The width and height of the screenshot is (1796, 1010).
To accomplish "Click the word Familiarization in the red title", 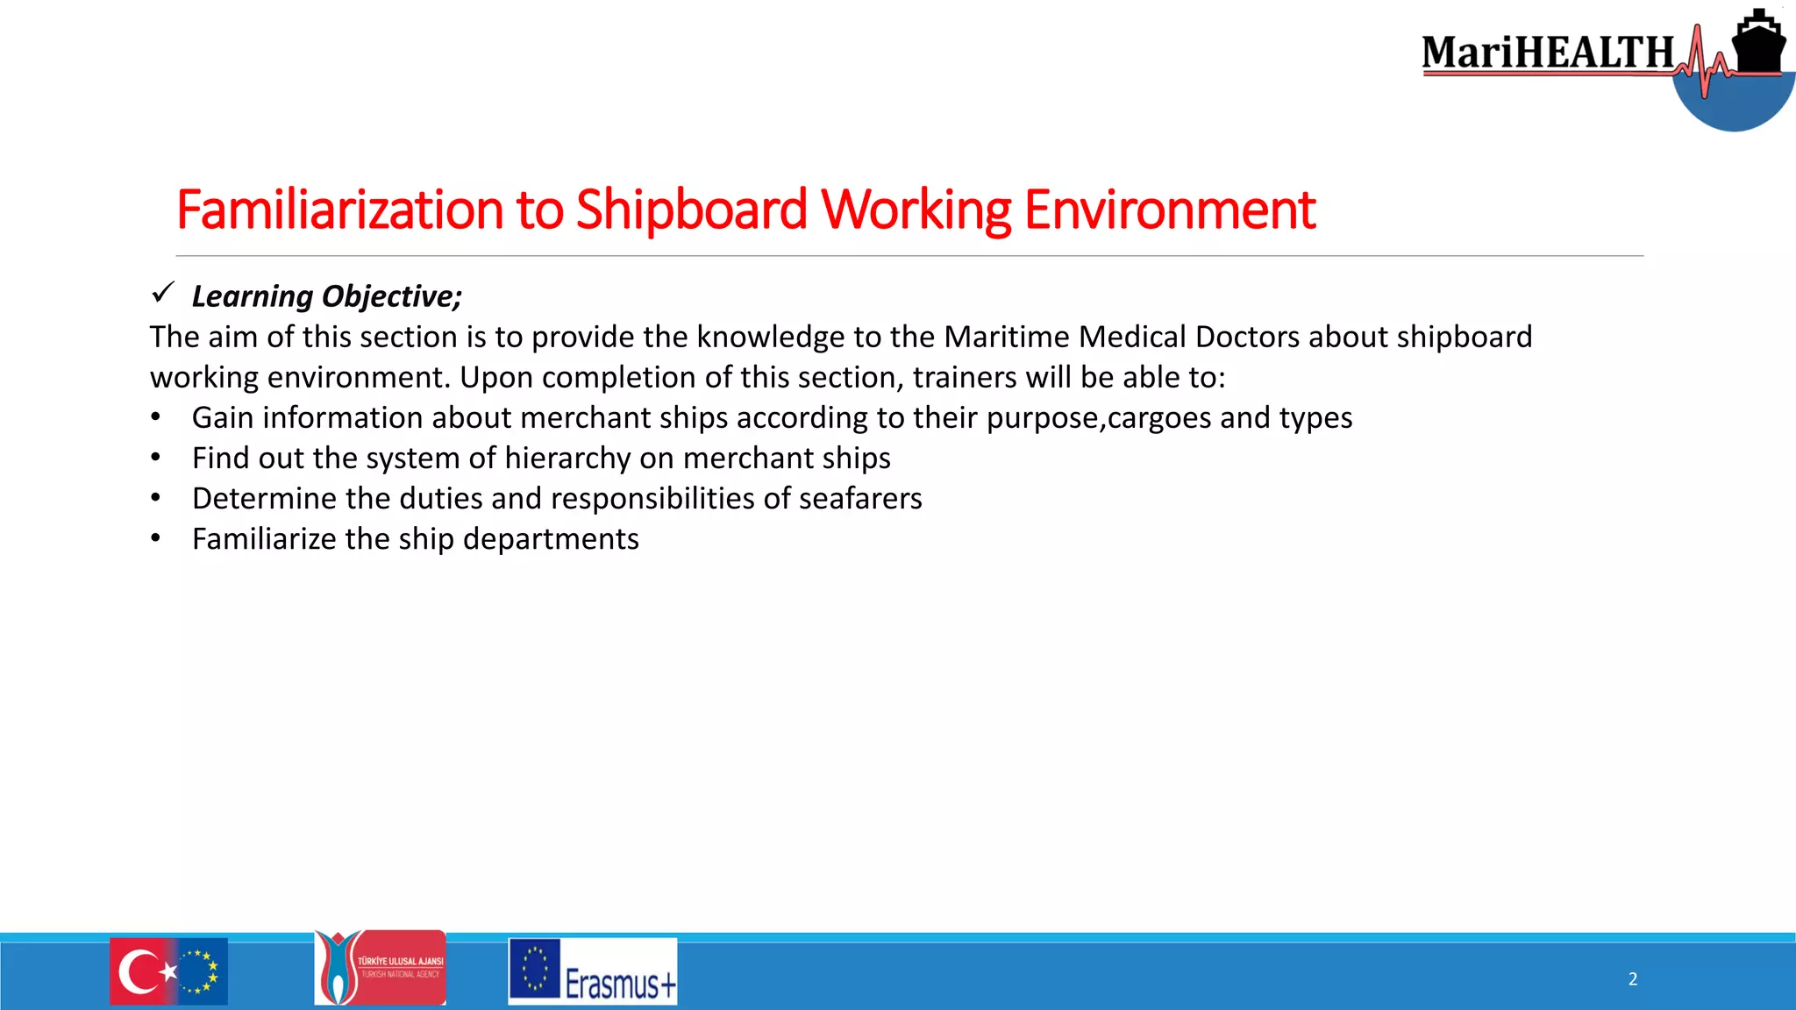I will [340, 210].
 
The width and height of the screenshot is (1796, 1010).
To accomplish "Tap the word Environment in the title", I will [1169, 210].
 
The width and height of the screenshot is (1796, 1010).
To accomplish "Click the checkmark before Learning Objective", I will [163, 293].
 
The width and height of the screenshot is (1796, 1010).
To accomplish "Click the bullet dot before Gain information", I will [155, 418].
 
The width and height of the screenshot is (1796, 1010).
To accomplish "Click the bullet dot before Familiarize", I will [155, 539].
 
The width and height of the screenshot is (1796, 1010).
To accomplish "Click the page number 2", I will [1633, 979].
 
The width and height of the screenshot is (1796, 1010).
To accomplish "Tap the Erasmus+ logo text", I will [620, 985].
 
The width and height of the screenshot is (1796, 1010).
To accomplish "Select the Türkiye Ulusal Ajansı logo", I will [381, 968].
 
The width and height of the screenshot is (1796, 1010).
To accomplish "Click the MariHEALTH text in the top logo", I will [1548, 53].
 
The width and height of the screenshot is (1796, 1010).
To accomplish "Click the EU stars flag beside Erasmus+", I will [534, 970].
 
